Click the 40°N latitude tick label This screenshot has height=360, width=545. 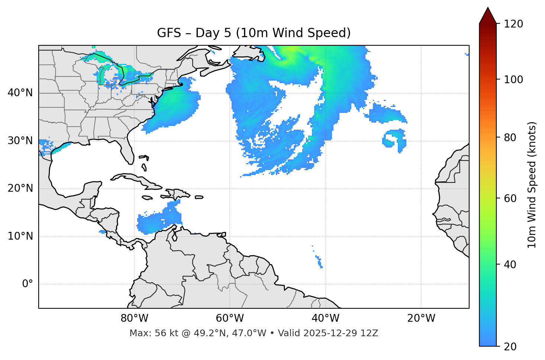pos(20,93)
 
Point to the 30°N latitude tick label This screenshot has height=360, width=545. pos(20,141)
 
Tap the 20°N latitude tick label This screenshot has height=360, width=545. pos(20,188)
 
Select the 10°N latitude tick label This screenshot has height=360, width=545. pos(20,236)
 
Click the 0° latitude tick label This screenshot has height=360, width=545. pos(28,284)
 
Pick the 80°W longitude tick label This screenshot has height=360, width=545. pos(134,318)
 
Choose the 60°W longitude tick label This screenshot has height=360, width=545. pos(230,318)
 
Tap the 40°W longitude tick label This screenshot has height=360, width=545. pos(325,318)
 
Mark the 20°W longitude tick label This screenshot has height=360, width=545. pos(421,318)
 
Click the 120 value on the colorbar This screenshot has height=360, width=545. pos(513,24)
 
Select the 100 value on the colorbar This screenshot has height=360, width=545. pos(513,80)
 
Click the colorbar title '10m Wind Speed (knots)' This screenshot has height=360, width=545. pos(532,185)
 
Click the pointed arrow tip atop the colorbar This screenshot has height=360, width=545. pos(488,9)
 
